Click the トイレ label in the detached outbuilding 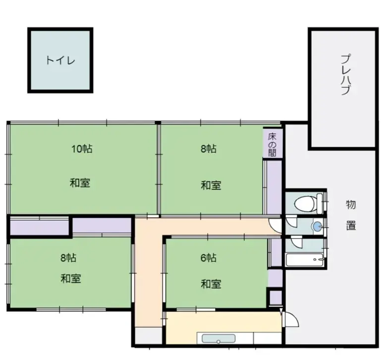coord(60,60)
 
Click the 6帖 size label coord(208,257)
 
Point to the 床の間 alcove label coord(272,144)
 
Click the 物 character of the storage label coord(350,204)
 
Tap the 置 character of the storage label coord(350,225)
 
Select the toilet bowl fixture coord(305,202)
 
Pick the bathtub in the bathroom coord(304,260)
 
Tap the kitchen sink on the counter coord(219,339)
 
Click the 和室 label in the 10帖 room coord(79,183)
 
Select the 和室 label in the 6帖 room coord(211,284)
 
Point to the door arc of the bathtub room coord(296,243)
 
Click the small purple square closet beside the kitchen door coord(274,298)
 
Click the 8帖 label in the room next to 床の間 coord(208,148)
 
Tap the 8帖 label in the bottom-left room coord(68,258)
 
